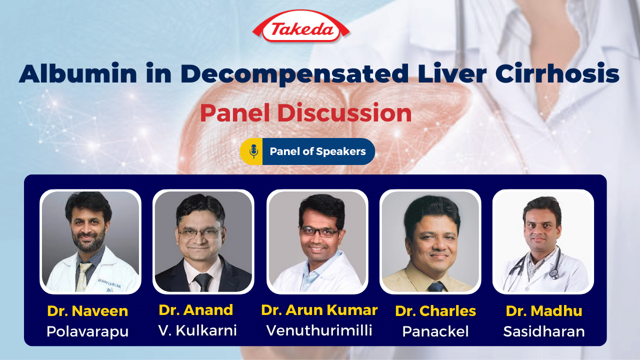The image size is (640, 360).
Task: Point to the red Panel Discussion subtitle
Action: click(305, 113)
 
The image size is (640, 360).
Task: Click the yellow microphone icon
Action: click(253, 151)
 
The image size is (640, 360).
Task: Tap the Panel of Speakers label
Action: click(317, 151)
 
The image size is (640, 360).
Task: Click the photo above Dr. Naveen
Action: click(90, 241)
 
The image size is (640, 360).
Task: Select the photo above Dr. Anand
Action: click(203, 241)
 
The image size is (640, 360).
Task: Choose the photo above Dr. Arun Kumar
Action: click(317, 241)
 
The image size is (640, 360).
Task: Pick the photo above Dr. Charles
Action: click(430, 241)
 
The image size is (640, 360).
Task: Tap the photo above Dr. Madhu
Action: click(543, 241)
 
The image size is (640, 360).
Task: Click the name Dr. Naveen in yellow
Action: click(87, 311)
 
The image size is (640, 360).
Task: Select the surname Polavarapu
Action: click(87, 331)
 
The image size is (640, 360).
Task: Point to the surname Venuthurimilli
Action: click(319, 330)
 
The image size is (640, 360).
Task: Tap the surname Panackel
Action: click(435, 331)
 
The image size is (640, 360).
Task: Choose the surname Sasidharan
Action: click(544, 331)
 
